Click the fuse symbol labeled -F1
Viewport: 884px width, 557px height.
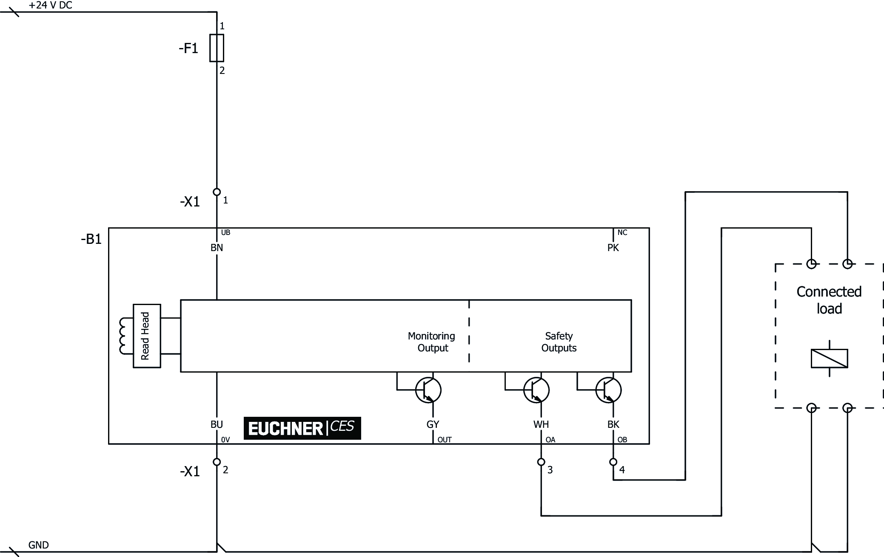coord(217,48)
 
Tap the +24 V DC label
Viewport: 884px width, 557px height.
coord(50,6)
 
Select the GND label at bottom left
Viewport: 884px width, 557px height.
coord(38,545)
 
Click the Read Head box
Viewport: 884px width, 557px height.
coord(147,336)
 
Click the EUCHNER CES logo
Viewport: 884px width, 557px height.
coord(302,428)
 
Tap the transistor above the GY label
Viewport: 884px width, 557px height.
coord(428,390)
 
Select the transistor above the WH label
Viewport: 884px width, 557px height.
coord(536,390)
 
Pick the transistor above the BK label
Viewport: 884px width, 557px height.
coord(609,390)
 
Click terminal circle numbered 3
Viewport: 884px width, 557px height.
coord(541,462)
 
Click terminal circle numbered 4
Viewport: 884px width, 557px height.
coord(613,462)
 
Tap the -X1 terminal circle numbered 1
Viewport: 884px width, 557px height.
coord(217,192)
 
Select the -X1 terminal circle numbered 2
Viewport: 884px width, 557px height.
coord(217,462)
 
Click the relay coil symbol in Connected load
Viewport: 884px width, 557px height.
coord(829,358)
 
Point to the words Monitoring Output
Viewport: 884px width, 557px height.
coord(432,342)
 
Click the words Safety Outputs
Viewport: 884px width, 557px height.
coord(559,342)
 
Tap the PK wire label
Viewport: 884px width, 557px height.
coord(613,248)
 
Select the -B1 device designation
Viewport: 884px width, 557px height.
coord(91,239)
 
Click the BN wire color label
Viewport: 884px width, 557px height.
coord(217,248)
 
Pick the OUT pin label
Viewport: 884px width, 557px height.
coord(445,440)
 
